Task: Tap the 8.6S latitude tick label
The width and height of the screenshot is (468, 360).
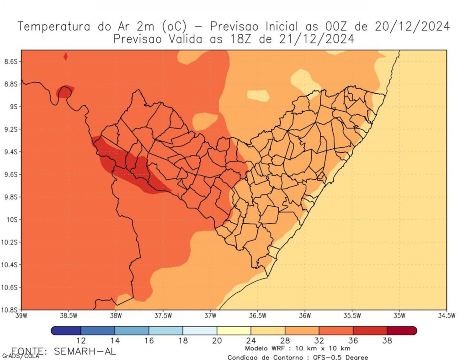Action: click(x=10, y=61)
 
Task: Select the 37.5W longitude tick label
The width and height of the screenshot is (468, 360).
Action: click(x=163, y=316)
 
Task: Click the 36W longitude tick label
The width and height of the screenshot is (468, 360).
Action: click(x=305, y=316)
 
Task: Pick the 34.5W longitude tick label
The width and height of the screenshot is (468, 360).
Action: click(x=446, y=316)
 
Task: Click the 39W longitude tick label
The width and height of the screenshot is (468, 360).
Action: click(x=22, y=316)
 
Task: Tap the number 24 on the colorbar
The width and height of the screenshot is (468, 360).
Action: click(x=250, y=340)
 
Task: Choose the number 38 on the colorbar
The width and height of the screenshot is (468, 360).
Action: click(x=387, y=340)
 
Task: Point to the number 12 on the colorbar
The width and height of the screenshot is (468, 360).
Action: click(x=81, y=340)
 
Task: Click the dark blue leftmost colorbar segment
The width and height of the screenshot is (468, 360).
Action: click(x=66, y=330)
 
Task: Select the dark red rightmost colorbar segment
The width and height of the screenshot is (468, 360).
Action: click(x=402, y=330)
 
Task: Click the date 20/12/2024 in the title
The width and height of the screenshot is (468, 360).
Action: click(x=412, y=27)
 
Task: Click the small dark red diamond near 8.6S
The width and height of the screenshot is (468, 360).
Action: click(x=66, y=56)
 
